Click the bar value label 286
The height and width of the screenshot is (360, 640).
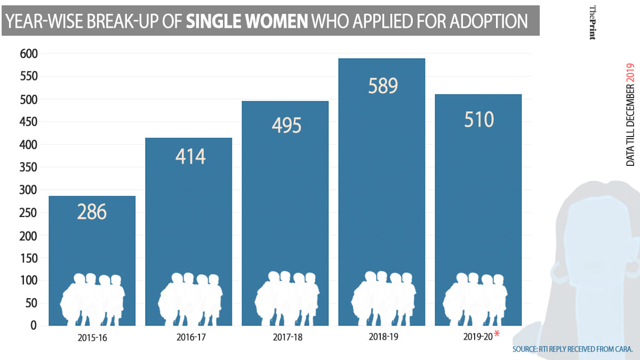[92, 212]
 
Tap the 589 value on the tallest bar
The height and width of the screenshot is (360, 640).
[383, 85]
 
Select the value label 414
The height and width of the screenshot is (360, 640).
[190, 157]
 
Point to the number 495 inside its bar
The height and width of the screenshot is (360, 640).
[286, 125]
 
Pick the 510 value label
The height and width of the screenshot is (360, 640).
[478, 119]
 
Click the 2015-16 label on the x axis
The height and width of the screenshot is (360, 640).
[92, 338]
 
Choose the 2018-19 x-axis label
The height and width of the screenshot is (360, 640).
[382, 337]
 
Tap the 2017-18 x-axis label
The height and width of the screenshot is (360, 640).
[286, 338]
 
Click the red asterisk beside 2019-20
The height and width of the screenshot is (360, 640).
[497, 334]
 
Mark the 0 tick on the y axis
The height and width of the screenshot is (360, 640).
[33, 325]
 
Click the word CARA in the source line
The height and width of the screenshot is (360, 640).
[621, 349]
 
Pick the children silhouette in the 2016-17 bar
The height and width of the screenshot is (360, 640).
[190, 299]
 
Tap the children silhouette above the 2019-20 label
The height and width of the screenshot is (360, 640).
[475, 299]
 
